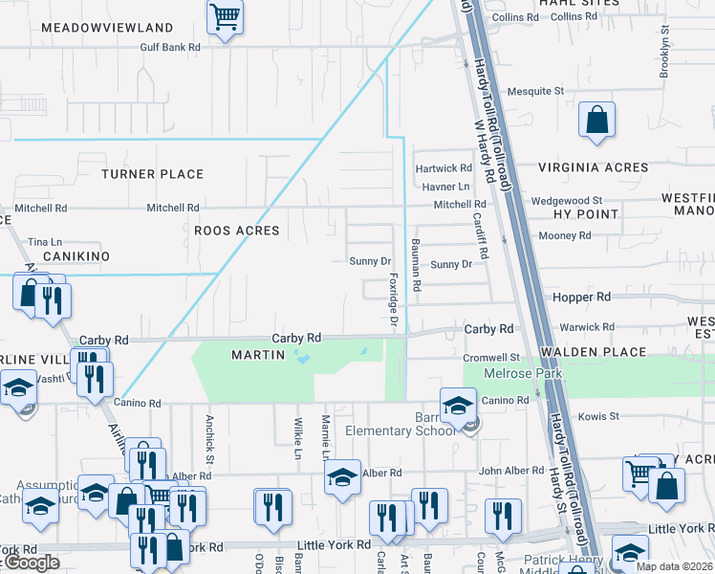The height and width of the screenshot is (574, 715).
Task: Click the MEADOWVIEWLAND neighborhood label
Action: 107,28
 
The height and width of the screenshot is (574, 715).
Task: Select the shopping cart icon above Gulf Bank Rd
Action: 225,16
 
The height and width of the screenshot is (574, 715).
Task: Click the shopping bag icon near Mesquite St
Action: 596,121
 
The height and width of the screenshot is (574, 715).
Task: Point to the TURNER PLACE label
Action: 153,174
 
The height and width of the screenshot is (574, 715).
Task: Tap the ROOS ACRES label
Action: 236,231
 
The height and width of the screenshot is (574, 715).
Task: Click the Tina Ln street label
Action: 45,242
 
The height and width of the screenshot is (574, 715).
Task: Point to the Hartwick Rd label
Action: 444,168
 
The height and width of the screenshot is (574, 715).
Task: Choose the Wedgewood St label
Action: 560,201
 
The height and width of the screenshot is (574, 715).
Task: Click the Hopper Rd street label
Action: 581,298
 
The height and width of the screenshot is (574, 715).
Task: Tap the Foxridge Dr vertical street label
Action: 393,300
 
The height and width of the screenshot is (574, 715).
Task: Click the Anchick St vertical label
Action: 208,432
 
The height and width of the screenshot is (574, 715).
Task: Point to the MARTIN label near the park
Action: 258,355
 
